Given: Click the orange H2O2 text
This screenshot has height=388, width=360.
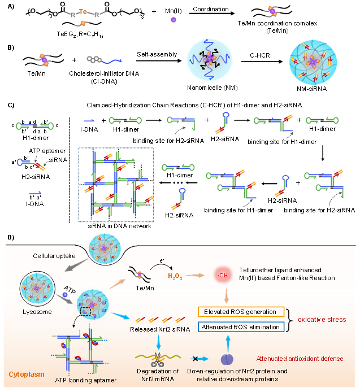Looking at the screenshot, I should (176, 276).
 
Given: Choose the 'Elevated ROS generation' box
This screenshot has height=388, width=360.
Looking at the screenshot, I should (241, 312).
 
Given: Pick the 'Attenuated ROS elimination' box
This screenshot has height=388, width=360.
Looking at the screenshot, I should (241, 327).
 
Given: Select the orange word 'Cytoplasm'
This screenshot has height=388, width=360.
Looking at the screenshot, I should (23, 374).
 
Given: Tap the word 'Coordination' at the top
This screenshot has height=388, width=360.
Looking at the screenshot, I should (210, 10).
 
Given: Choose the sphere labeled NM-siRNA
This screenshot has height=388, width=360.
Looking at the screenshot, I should (313, 61).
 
